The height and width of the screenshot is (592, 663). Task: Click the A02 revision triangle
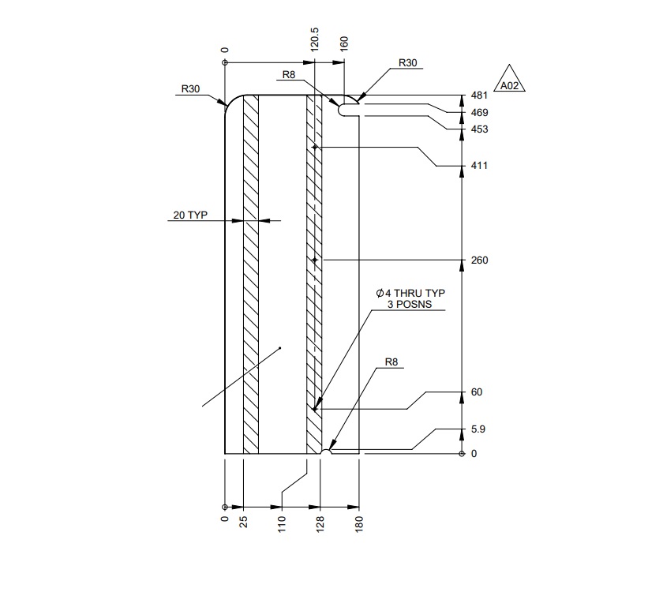(509, 79)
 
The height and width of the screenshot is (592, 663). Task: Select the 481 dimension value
(480, 96)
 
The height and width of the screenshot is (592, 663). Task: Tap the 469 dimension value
(480, 112)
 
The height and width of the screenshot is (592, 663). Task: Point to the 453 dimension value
(480, 129)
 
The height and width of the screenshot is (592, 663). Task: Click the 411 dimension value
(480, 165)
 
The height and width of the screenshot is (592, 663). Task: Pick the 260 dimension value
(480, 260)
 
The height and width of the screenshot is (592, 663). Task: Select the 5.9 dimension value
(478, 429)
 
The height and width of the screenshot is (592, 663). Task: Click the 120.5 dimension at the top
(315, 39)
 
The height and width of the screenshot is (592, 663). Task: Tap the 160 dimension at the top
(344, 44)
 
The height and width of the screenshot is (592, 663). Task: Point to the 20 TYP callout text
(190, 215)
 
